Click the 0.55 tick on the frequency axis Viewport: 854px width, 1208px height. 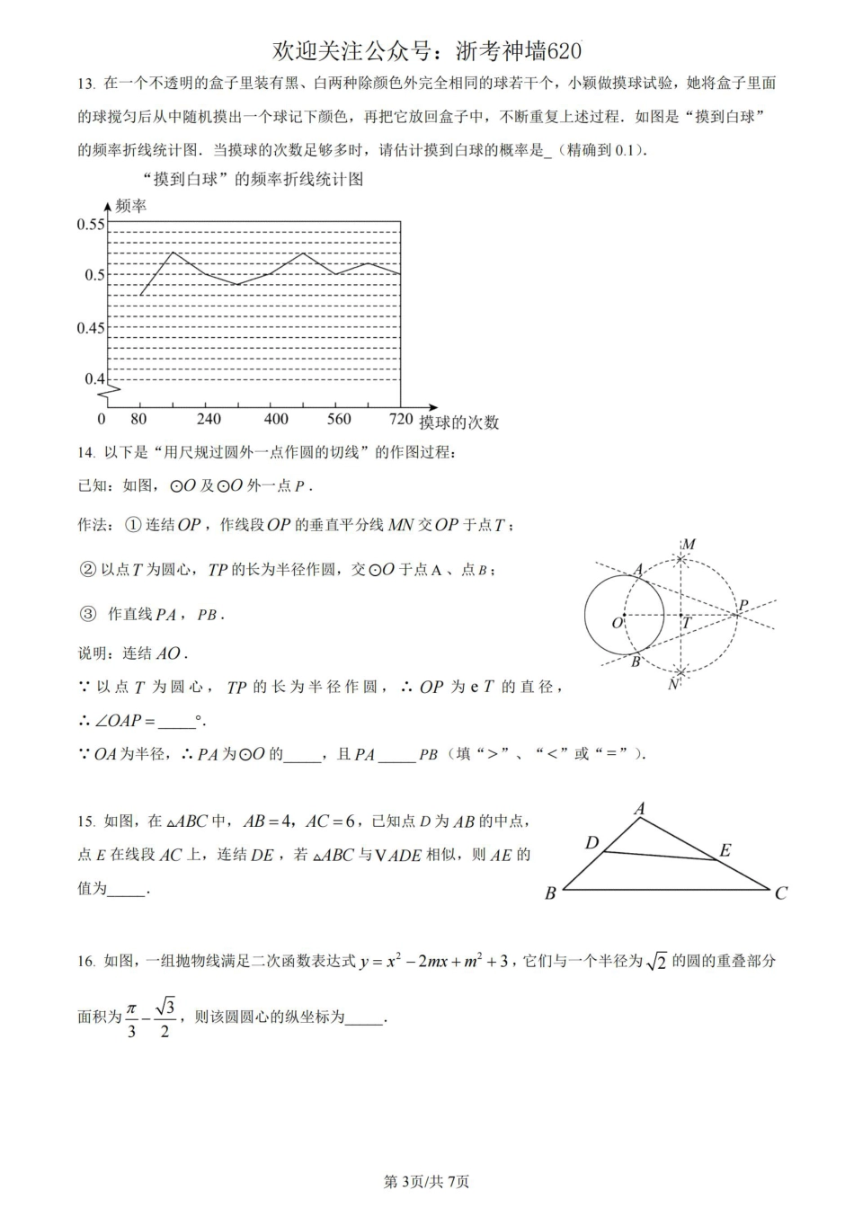(92, 224)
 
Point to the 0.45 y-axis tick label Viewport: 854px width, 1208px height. (92, 328)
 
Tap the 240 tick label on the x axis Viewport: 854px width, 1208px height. (209, 419)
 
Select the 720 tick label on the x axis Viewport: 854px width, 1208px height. (401, 419)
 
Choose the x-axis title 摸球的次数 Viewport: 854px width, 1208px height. (459, 422)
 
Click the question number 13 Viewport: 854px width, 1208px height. (86, 84)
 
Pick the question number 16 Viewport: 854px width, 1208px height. (86, 962)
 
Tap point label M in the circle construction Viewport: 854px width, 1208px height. (689, 545)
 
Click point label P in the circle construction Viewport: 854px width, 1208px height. (743, 606)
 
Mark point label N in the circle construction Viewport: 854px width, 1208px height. (674, 685)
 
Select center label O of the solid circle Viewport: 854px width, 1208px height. (617, 623)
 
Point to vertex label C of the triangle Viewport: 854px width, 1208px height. (780, 893)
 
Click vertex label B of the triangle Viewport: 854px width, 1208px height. (550, 893)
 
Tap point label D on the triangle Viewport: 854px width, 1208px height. (592, 843)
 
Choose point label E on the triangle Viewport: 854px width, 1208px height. (725, 850)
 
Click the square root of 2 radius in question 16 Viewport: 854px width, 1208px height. (657, 962)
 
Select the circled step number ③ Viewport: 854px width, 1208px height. (87, 615)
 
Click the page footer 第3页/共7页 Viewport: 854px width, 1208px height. (426, 1182)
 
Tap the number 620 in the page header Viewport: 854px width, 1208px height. (564, 51)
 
